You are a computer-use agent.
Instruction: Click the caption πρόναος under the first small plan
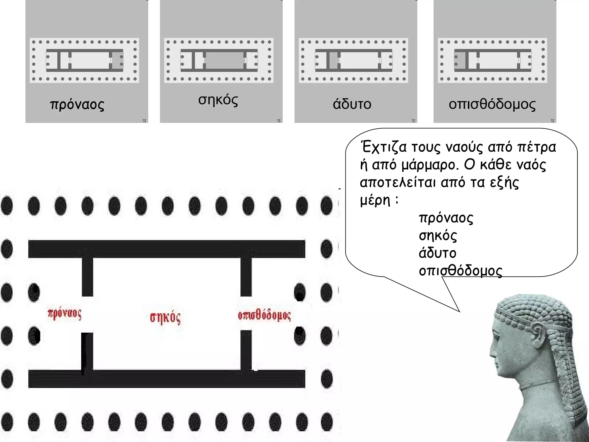(77, 104)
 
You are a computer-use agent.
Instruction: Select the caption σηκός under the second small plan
(218, 100)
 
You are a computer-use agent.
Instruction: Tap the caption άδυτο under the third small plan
(352, 104)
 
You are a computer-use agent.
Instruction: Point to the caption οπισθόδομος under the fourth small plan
(492, 104)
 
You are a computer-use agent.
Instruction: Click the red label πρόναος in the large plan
(65, 314)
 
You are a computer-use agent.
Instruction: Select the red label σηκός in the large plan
(165, 317)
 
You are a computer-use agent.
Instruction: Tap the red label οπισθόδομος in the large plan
(264, 315)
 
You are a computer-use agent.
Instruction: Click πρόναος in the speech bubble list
(446, 218)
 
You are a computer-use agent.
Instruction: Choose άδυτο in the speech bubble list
(437, 253)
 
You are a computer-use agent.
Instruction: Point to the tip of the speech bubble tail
(459, 311)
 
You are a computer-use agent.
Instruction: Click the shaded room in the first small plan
(117, 60)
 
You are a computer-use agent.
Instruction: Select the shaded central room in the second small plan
(225, 60)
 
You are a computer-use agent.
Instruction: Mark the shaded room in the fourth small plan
(460, 60)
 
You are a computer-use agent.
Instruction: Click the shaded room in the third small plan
(334, 60)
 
